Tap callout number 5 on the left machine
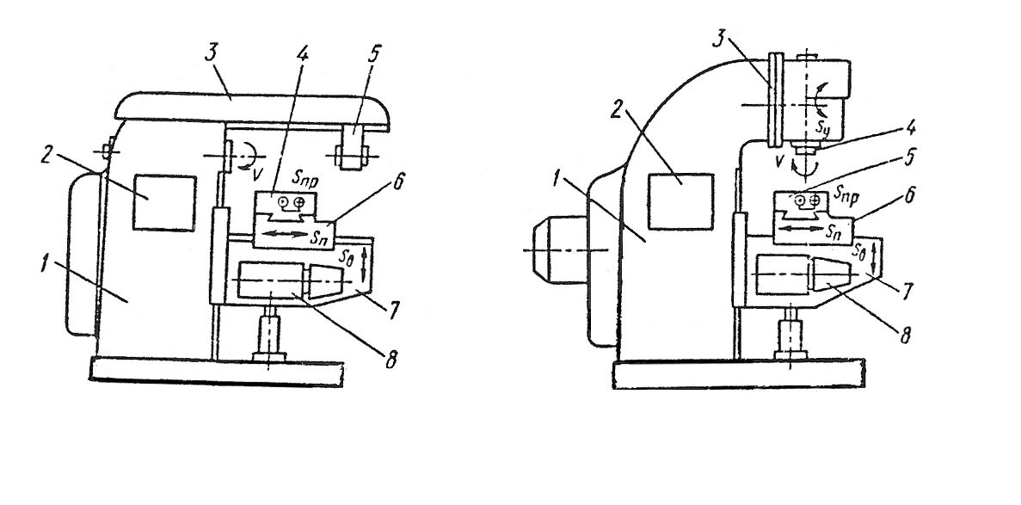click(x=374, y=56)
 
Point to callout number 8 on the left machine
click(x=391, y=360)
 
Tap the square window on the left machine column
click(x=165, y=203)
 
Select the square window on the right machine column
click(x=680, y=201)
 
